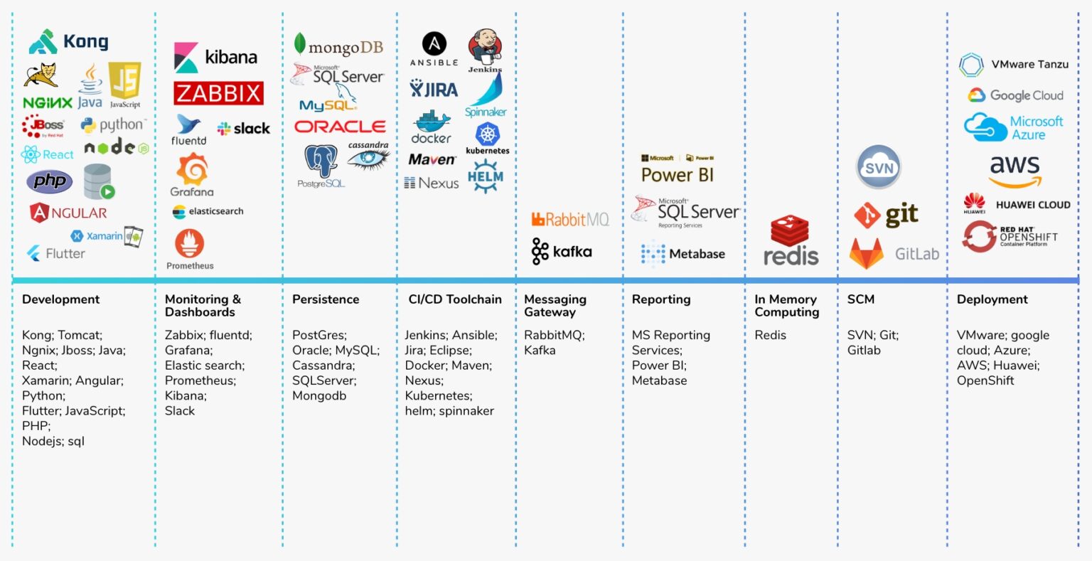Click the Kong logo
[68, 42]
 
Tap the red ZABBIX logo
[218, 93]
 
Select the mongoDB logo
[338, 46]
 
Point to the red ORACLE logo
[340, 127]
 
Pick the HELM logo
[486, 176]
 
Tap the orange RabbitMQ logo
[570, 219]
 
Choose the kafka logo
[562, 252]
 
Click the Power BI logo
[677, 171]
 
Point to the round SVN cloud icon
[879, 168]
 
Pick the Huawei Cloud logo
[1017, 205]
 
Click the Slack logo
[243, 129]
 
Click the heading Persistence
[326, 299]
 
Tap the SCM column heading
[861, 299]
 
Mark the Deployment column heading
[992, 299]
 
